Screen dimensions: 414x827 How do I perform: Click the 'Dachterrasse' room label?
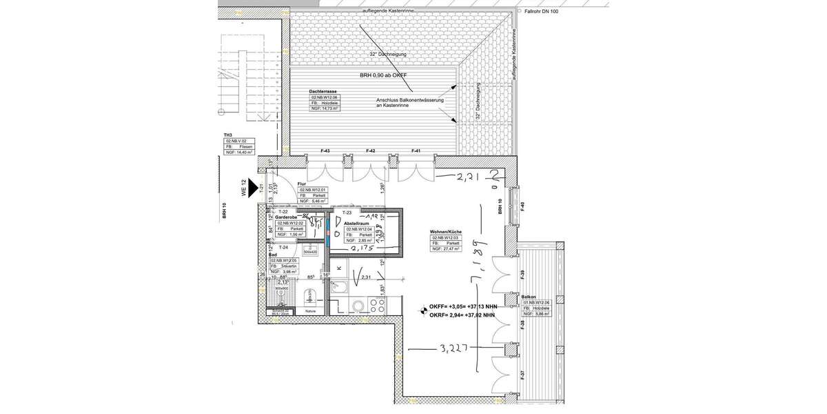(x=323, y=91)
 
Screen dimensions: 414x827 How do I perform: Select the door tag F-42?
(x=370, y=150)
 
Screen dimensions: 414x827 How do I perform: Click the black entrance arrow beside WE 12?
(x=253, y=186)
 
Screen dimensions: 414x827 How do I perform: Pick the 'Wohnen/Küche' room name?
(x=446, y=231)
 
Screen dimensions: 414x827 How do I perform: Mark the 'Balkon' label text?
(x=529, y=295)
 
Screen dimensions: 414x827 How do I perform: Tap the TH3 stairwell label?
(x=227, y=135)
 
